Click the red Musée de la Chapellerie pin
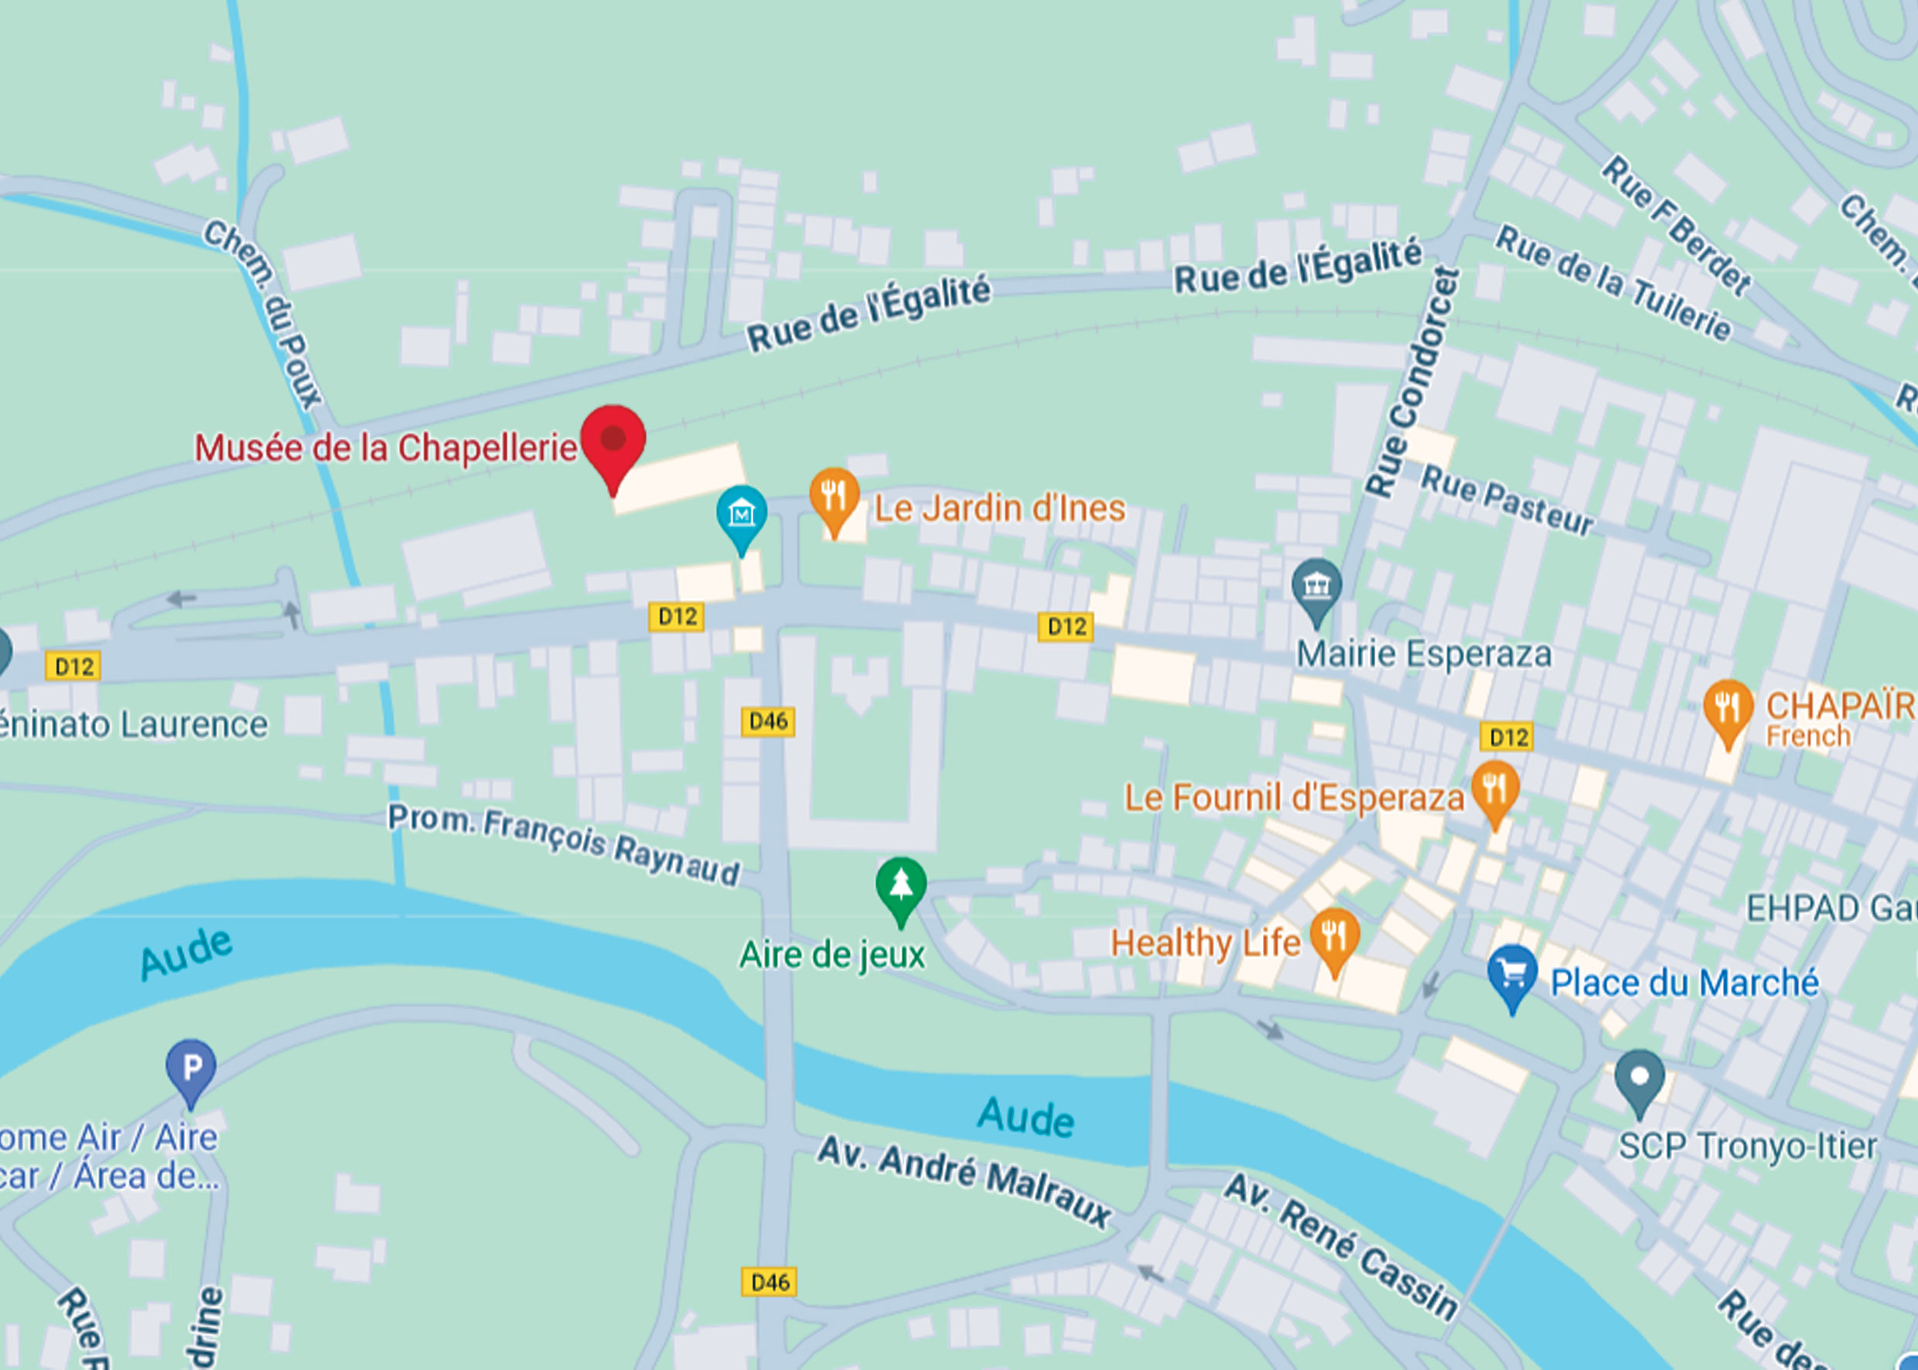613,441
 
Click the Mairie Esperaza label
1424,655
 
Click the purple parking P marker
191,1067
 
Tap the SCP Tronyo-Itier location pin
1639,1077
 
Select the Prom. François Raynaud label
563,844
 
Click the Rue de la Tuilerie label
1613,283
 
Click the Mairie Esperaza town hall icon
1316,585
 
